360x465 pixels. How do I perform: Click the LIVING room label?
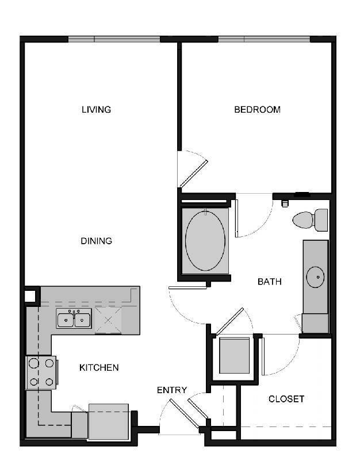[x=96, y=109]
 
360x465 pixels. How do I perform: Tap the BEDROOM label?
[x=257, y=109]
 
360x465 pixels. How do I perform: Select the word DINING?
[x=96, y=241]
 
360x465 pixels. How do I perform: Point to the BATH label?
[x=269, y=282]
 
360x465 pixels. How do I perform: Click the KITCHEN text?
[x=99, y=367]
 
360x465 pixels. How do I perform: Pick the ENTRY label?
[x=172, y=390]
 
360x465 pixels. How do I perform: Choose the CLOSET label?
[x=286, y=398]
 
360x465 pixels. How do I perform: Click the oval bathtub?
[x=205, y=241]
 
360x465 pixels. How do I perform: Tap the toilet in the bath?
[x=311, y=220]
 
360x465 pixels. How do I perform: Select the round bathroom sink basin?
[x=315, y=277]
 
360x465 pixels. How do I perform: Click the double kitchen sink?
[x=74, y=318]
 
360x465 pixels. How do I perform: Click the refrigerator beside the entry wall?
[x=108, y=421]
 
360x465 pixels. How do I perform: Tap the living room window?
[x=114, y=40]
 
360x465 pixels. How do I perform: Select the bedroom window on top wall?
[x=263, y=40]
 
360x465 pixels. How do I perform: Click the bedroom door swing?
[x=192, y=168]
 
